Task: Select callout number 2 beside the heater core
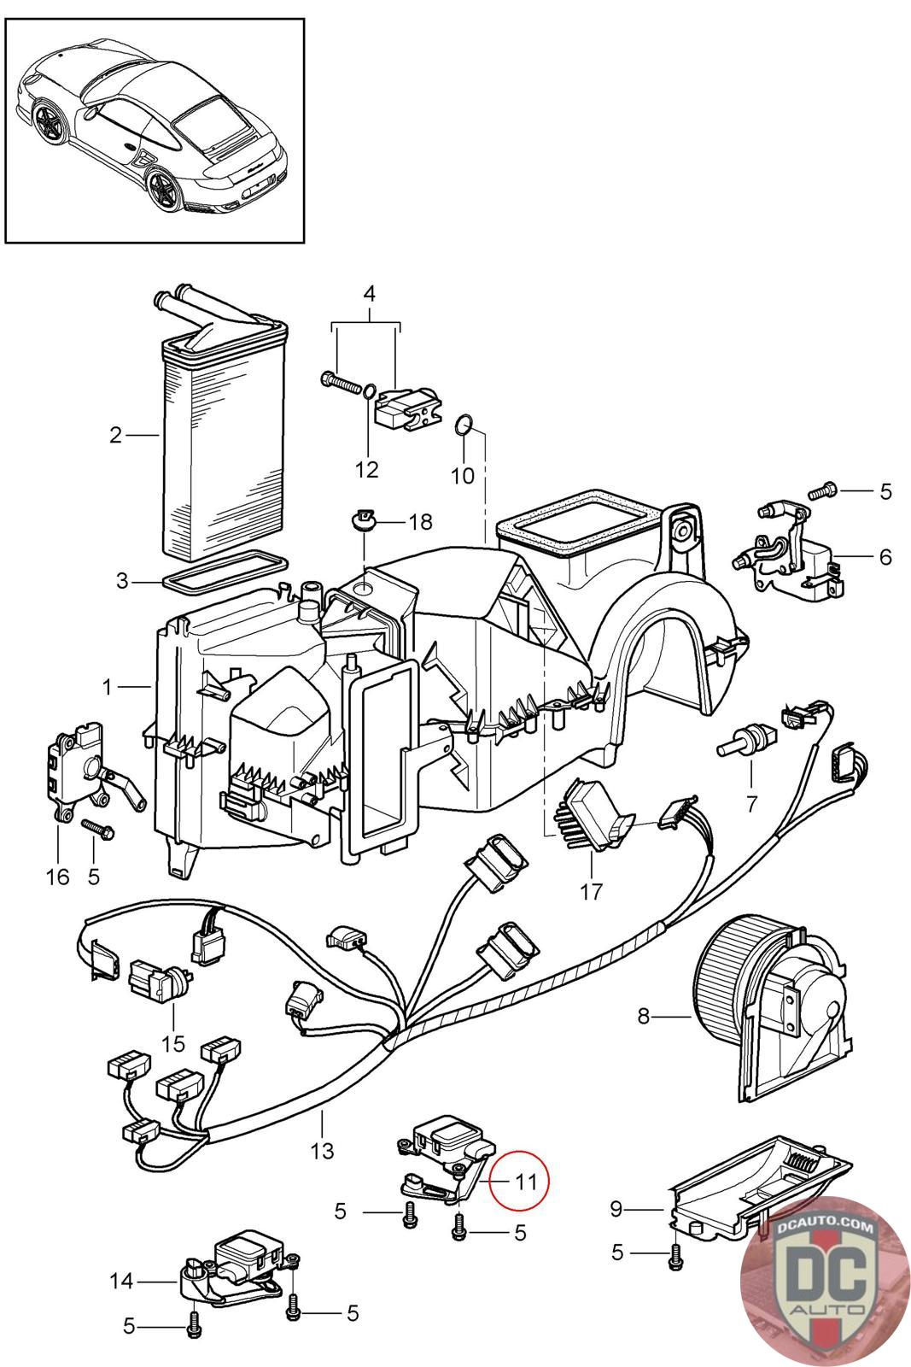[116, 436]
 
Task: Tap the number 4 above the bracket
[369, 294]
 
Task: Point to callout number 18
[420, 521]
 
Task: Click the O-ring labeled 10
[463, 425]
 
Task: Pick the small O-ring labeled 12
[367, 391]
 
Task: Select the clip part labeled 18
[365, 519]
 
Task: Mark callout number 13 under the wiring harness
[322, 1150]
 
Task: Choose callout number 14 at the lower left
[122, 1281]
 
